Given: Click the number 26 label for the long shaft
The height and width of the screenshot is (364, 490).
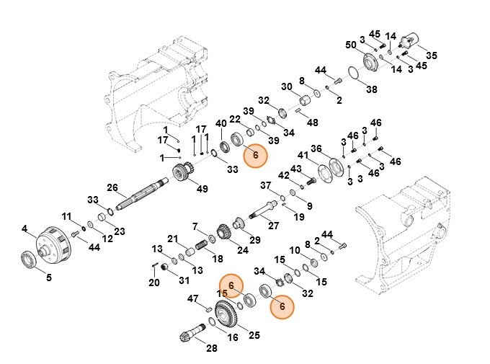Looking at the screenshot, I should click(112, 188).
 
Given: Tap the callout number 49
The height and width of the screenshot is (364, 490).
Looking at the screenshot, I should click(202, 190).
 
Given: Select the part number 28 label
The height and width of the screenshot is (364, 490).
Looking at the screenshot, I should click(211, 349).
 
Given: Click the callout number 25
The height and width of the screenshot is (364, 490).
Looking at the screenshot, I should click(254, 334).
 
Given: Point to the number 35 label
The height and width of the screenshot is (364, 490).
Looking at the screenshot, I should click(49, 277).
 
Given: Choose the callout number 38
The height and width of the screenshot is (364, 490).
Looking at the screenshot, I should click(371, 90).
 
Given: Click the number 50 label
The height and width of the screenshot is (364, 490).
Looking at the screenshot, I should click(351, 45).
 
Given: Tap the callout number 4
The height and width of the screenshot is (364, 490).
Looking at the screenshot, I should click(24, 229).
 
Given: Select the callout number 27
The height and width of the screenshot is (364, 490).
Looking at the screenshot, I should click(273, 225).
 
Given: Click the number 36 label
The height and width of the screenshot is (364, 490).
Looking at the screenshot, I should click(316, 149).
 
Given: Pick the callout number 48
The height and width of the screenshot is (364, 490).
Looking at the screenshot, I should click(312, 123).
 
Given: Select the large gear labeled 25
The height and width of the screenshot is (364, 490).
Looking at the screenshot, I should click(230, 314).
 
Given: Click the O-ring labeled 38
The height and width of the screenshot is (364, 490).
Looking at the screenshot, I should click(352, 75).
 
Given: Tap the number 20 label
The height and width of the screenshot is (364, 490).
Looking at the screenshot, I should click(153, 283).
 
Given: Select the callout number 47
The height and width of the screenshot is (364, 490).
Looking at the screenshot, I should click(193, 298).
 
